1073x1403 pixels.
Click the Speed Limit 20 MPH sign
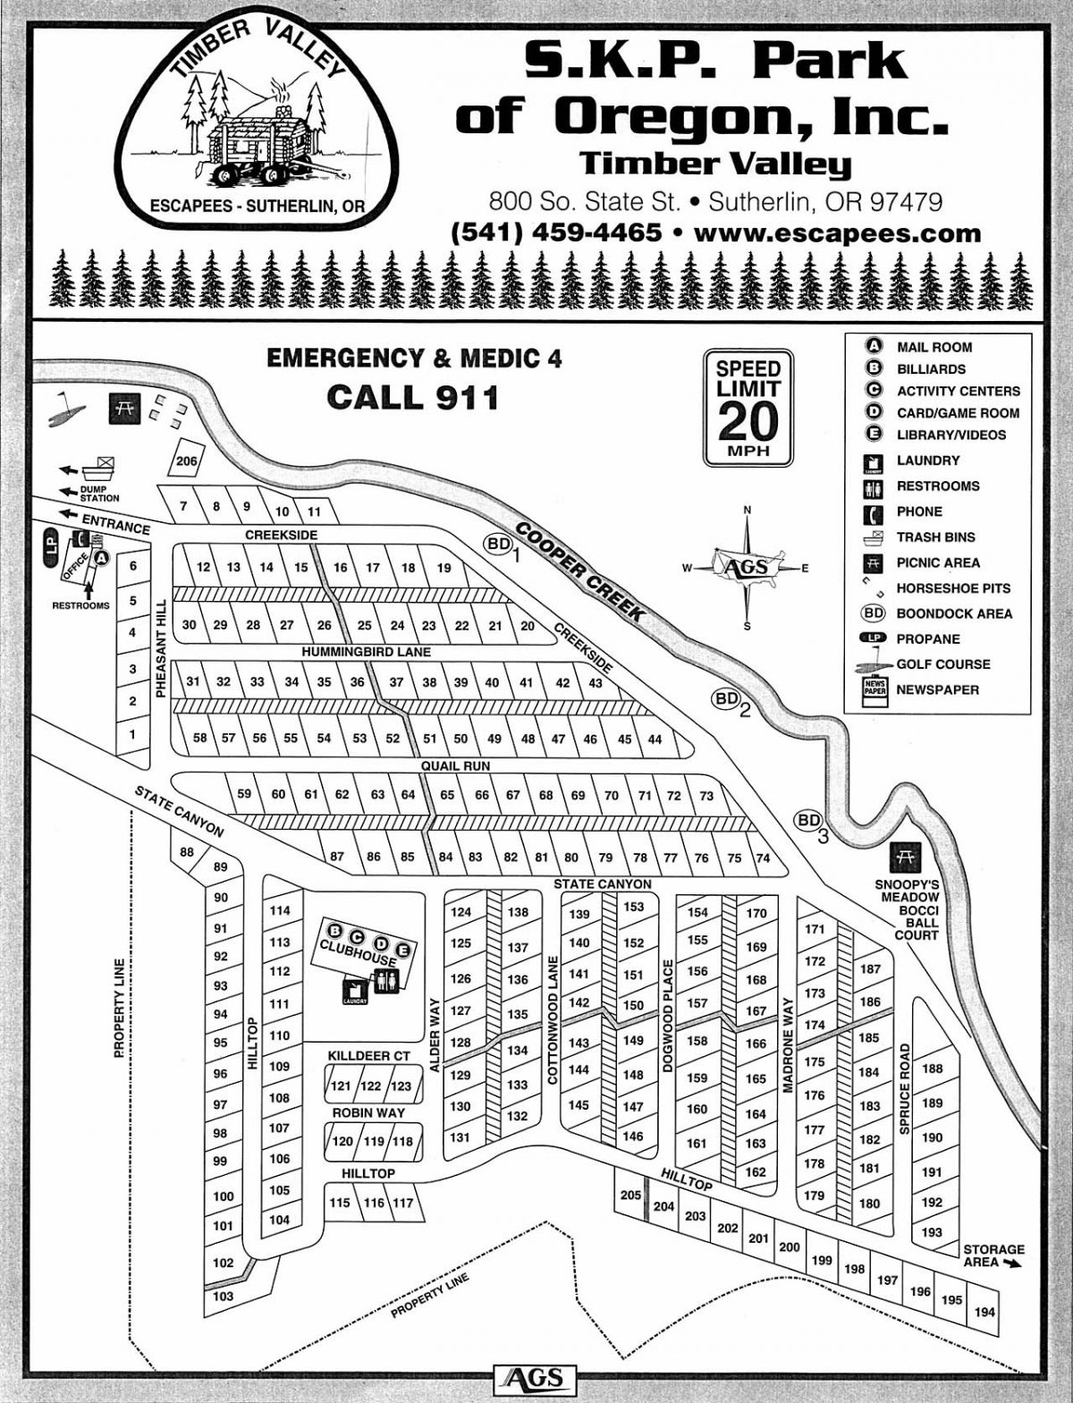(x=748, y=408)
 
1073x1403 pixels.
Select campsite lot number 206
(x=186, y=461)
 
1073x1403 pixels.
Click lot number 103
(x=224, y=1296)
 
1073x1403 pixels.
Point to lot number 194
(x=984, y=1313)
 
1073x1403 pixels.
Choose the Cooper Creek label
(x=580, y=571)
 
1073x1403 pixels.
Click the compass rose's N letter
(x=748, y=511)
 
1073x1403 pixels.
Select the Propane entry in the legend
(x=928, y=639)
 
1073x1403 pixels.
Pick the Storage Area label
(x=993, y=1255)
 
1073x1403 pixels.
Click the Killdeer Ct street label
(x=369, y=1056)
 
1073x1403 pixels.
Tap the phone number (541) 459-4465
(x=557, y=232)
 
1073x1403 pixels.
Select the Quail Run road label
(x=457, y=766)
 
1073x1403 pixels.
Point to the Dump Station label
(x=99, y=494)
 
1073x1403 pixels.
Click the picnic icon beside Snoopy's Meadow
(x=901, y=858)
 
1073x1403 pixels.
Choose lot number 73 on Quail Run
(x=706, y=796)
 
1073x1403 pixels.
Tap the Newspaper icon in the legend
(x=874, y=691)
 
